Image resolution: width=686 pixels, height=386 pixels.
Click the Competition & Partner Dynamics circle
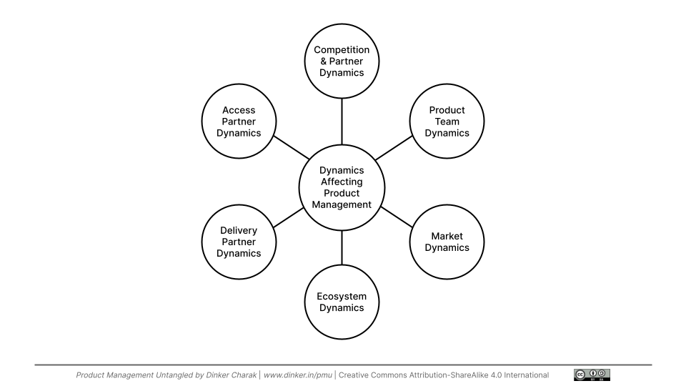tap(342, 61)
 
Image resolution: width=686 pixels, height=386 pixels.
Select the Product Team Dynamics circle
tap(447, 122)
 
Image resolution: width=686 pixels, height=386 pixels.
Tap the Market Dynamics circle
tap(447, 242)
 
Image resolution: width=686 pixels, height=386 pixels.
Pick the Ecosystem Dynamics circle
tap(342, 302)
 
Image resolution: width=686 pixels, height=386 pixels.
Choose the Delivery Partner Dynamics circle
tap(238, 242)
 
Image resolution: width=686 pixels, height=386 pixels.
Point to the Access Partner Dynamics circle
tap(238, 122)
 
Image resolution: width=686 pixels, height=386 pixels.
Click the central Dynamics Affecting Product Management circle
tap(342, 187)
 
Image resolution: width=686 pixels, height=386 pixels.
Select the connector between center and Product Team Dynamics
tap(393, 149)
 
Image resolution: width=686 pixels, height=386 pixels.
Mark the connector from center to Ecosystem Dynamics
tap(342, 247)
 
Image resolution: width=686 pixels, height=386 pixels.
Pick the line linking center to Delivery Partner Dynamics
tap(289, 217)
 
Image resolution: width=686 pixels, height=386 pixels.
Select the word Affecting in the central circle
tap(342, 182)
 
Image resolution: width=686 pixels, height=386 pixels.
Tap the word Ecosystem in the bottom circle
tap(342, 296)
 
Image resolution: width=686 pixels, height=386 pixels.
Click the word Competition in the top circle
tap(342, 50)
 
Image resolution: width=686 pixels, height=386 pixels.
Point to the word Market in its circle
tap(447, 236)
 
